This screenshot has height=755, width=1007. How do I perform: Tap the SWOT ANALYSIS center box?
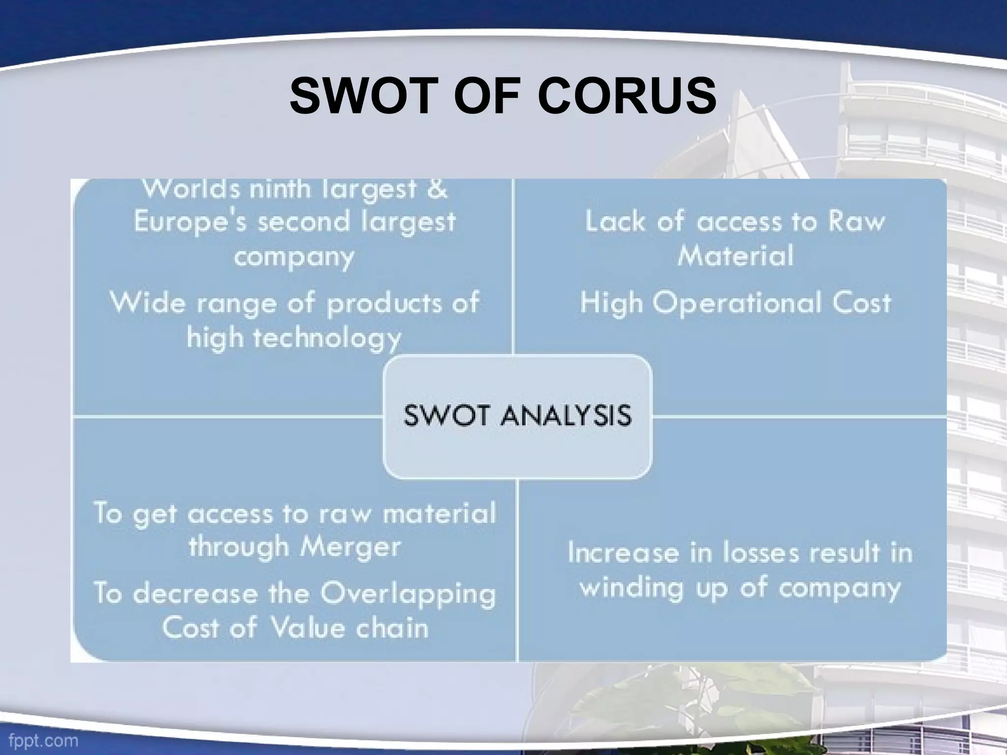(x=517, y=416)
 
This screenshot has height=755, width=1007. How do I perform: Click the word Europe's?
(x=191, y=222)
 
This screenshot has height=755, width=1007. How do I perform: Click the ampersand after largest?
(x=437, y=189)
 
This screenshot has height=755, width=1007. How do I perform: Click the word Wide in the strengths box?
(x=147, y=302)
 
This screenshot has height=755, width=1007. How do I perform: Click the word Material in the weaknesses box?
(x=735, y=256)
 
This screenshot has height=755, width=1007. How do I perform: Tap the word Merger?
(x=351, y=546)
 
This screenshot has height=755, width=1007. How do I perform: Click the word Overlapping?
(x=408, y=594)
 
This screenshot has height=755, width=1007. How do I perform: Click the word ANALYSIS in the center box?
(x=565, y=416)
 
